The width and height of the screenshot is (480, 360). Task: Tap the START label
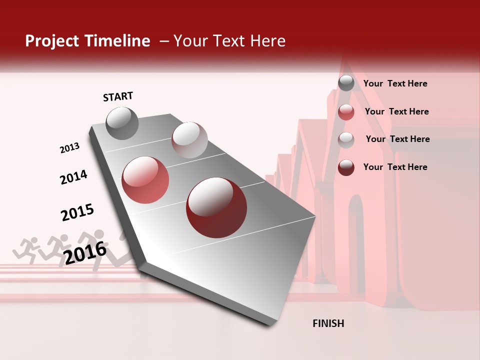pyautogui.click(x=118, y=96)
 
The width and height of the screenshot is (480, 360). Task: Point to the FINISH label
pyautogui.click(x=328, y=323)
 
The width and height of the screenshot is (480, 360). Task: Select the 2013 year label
pyautogui.click(x=69, y=148)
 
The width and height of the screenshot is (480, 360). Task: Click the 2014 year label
pyautogui.click(x=73, y=177)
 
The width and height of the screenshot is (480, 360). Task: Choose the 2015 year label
pyautogui.click(x=77, y=212)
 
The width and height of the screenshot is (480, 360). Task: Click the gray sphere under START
pyautogui.click(x=122, y=123)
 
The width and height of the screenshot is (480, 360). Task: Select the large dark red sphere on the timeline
pyautogui.click(x=216, y=207)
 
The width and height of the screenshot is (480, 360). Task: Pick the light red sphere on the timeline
pyautogui.click(x=145, y=180)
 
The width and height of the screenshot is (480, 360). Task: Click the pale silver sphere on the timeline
pyautogui.click(x=189, y=139)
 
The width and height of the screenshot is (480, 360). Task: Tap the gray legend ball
pyautogui.click(x=346, y=83)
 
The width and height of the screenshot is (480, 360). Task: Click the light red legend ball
pyautogui.click(x=346, y=112)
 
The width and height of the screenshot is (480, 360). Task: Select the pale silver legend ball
pyautogui.click(x=346, y=139)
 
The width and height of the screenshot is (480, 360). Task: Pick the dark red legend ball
pyautogui.click(x=346, y=167)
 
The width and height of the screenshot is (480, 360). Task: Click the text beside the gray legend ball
pyautogui.click(x=395, y=84)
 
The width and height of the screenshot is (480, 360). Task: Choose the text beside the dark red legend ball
pyautogui.click(x=395, y=167)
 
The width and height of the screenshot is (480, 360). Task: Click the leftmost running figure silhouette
pyautogui.click(x=28, y=249)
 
